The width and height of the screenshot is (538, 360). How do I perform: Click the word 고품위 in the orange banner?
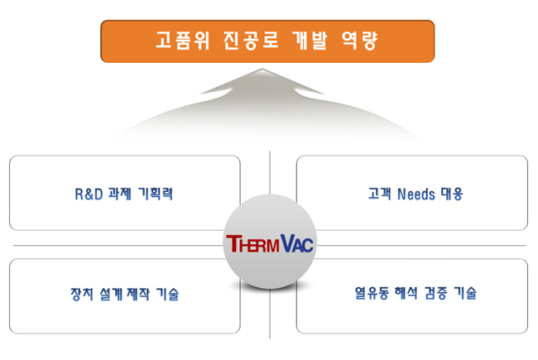click(183, 41)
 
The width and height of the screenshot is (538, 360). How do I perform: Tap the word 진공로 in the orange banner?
click(251, 41)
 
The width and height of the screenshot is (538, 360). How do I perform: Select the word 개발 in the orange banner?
click(310, 41)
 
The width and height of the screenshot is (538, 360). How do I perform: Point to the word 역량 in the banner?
click(360, 41)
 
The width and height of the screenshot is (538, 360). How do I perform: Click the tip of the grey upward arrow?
click(262, 70)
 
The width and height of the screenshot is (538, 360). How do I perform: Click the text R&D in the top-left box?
click(89, 194)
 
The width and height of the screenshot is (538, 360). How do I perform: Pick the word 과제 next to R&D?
click(120, 194)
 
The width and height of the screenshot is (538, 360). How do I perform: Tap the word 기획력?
click(155, 194)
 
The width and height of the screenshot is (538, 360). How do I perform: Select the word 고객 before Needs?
click(379, 194)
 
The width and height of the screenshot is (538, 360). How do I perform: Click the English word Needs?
click(416, 194)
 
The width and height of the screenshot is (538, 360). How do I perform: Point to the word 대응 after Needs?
click(452, 194)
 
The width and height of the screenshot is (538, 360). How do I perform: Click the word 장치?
click(82, 294)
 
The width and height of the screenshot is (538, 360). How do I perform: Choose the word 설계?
click(111, 294)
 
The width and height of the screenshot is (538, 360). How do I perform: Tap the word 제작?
click(138, 294)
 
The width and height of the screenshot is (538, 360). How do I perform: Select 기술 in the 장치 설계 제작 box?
click(167, 294)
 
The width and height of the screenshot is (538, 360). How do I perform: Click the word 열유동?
click(372, 293)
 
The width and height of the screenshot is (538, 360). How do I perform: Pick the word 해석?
click(406, 293)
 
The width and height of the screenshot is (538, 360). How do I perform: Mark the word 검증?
click(435, 293)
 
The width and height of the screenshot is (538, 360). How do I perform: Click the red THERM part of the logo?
click(253, 243)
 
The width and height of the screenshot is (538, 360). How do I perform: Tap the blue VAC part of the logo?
click(297, 243)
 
